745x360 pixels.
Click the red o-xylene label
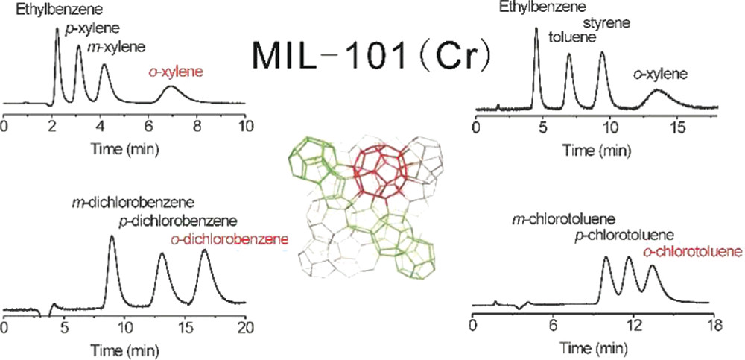point(173,72)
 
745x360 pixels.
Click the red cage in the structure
point(380,168)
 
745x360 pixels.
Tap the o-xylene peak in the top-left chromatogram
point(171,88)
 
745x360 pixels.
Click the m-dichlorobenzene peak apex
point(112,237)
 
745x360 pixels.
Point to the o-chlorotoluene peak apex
point(653,266)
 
